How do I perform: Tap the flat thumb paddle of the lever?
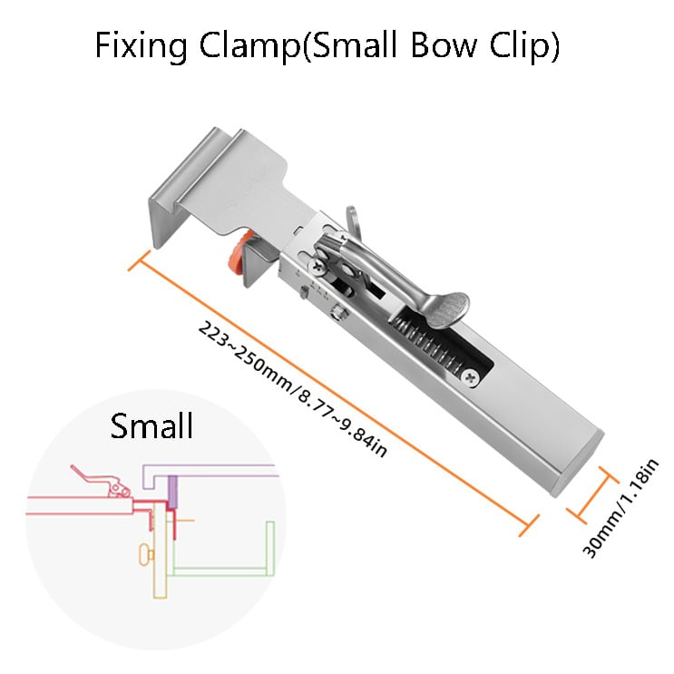click(x=449, y=308)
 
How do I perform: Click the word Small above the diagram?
click(x=151, y=425)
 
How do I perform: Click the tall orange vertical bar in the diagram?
click(x=161, y=553)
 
